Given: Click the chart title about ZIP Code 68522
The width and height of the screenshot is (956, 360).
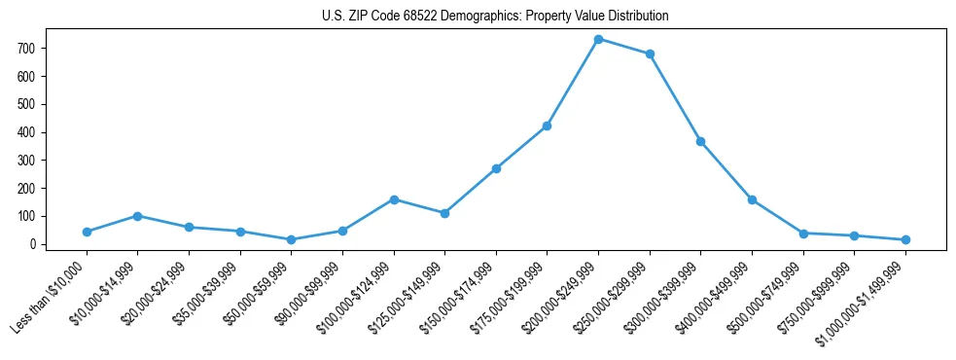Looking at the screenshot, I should (x=495, y=16).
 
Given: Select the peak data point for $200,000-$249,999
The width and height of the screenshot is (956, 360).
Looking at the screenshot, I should (x=598, y=39).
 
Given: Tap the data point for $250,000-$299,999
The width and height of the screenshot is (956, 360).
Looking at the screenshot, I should (x=650, y=54).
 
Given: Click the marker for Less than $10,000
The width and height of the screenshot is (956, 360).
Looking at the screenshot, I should (x=87, y=232).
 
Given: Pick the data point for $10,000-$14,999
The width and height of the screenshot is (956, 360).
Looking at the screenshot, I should (x=138, y=216).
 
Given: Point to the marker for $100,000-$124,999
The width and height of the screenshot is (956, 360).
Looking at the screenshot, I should (x=394, y=199).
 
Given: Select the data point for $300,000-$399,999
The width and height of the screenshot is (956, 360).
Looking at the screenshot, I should (x=700, y=141).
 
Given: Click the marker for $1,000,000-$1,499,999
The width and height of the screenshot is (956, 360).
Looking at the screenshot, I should (x=905, y=239).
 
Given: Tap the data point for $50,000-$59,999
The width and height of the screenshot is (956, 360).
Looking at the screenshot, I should (x=291, y=239).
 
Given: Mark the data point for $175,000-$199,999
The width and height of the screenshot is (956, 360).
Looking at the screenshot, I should (x=548, y=126).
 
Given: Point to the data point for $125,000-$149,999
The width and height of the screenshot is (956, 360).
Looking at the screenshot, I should (x=444, y=213).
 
